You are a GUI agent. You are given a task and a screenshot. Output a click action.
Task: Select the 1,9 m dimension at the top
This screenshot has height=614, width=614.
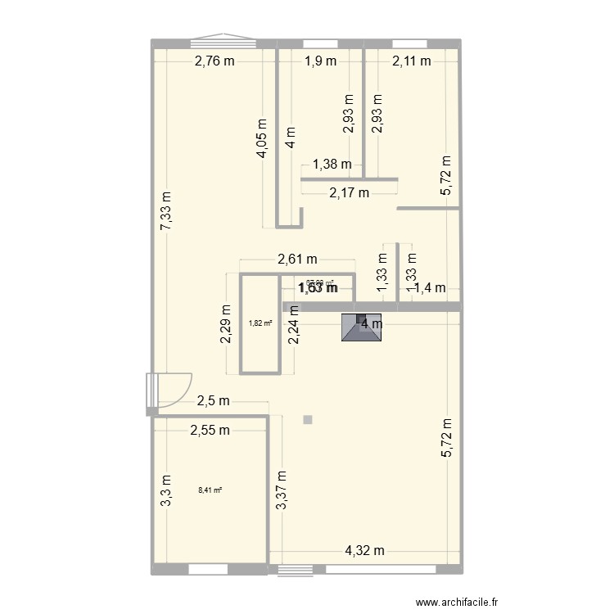tap(320, 60)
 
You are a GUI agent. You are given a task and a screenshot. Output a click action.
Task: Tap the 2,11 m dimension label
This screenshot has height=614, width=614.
tap(412, 60)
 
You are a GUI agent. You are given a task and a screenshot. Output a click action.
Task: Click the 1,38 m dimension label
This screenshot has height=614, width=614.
tap(332, 165)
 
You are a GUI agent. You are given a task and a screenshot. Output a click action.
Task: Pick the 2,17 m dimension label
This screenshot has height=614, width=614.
tap(350, 193)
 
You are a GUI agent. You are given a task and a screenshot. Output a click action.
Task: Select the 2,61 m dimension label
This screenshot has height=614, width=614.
tap(296, 260)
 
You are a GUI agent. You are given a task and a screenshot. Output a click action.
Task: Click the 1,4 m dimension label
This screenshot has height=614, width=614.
tap(429, 287)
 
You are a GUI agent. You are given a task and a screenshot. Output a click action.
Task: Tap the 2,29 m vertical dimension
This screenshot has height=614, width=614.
tap(225, 326)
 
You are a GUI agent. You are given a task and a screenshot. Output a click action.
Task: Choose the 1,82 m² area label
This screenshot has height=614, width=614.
tap(260, 323)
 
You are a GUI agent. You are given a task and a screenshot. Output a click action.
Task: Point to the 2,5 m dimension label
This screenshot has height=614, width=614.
tap(214, 401)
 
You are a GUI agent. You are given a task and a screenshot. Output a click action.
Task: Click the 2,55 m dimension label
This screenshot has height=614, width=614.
tap(210, 430)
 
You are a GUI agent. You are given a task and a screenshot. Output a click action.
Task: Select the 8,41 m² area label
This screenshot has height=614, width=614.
tap(210, 491)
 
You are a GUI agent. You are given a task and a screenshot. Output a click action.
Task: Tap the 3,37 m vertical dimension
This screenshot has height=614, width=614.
tap(281, 490)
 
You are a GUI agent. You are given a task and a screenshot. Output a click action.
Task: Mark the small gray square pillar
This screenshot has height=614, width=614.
tap(308, 420)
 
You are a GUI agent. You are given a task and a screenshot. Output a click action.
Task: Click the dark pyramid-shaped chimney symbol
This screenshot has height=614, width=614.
tap(358, 328)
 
